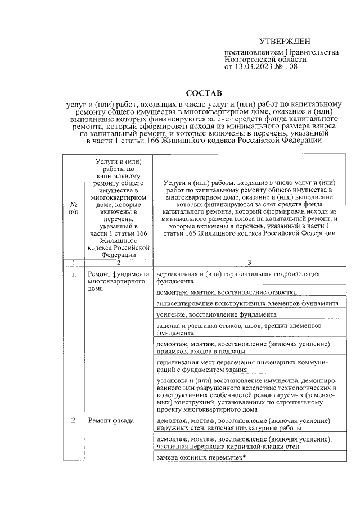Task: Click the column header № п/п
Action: click(74, 208)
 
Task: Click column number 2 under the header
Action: click(118, 262)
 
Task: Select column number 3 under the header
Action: click(249, 262)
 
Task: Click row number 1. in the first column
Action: click(74, 274)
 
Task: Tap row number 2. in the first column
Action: click(74, 421)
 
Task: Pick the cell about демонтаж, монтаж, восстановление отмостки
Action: click(227, 292)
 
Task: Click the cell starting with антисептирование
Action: click(248, 303)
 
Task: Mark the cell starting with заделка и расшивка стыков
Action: click(239, 329)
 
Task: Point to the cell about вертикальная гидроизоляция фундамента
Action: click(239, 278)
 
